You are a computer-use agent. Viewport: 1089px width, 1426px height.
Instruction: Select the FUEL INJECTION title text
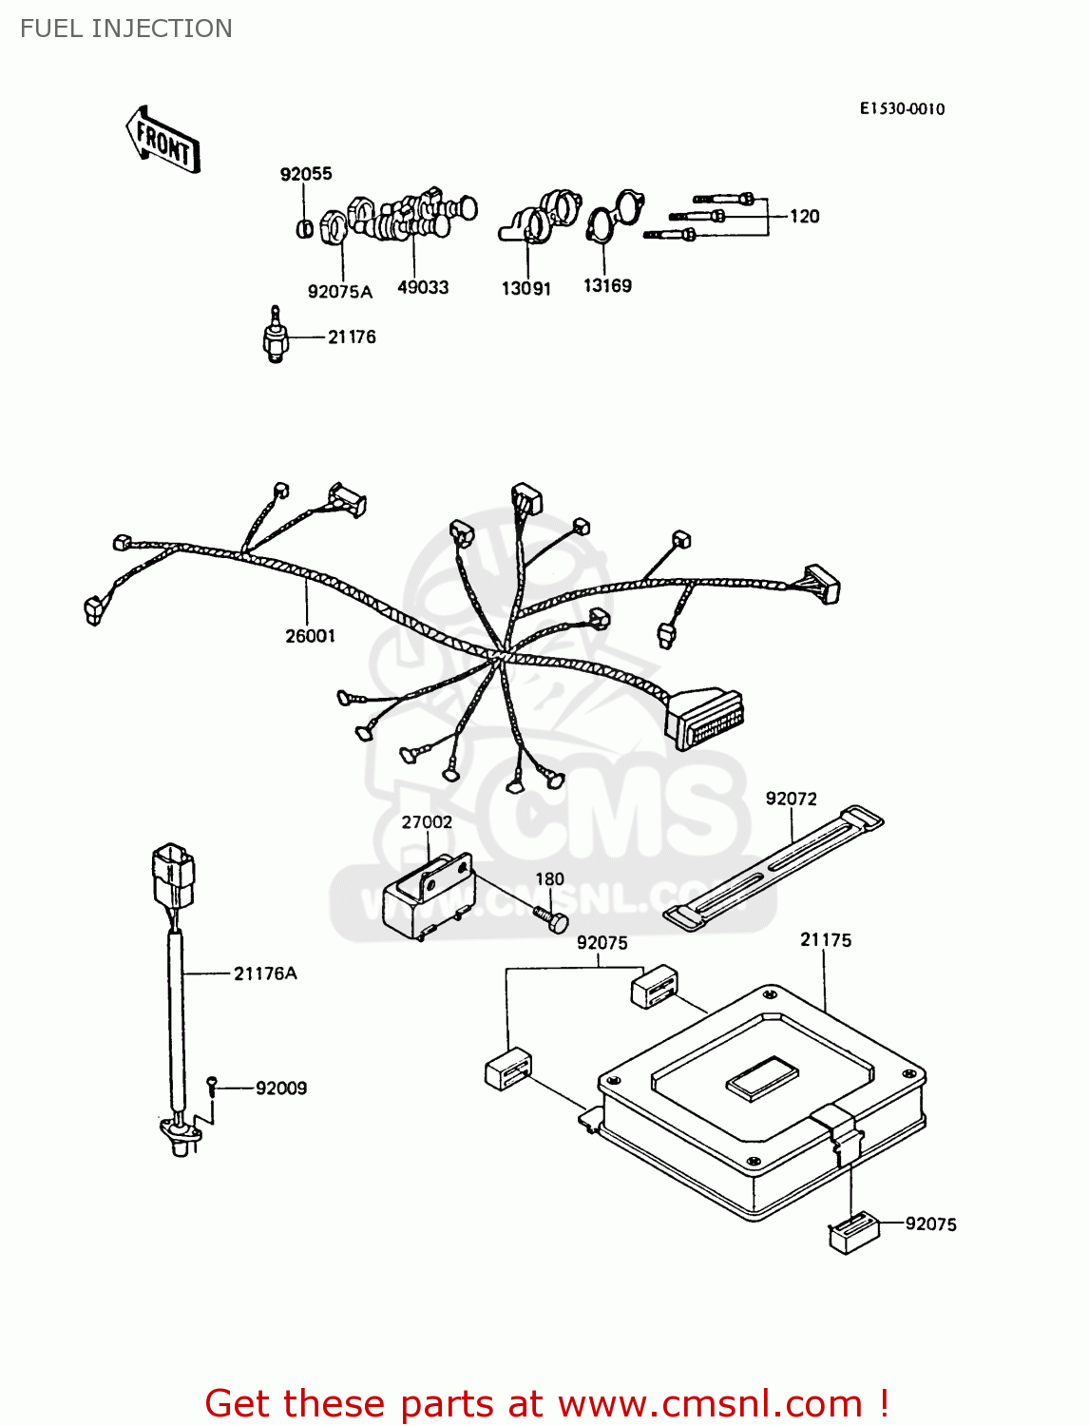126,29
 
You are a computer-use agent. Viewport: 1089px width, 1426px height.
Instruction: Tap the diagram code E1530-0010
902,108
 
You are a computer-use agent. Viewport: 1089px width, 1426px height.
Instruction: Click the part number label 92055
306,174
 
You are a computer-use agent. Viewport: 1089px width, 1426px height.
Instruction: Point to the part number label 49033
423,287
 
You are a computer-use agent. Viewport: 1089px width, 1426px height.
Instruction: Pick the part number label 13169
607,286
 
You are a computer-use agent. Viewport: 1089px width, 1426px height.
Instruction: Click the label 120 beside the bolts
804,217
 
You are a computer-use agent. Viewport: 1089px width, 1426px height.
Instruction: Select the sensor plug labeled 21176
275,337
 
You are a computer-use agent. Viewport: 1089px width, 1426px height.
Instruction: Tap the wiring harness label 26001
311,636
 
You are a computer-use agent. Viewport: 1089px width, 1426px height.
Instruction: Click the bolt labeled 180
551,919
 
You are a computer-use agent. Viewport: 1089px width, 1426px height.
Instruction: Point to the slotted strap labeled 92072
772,866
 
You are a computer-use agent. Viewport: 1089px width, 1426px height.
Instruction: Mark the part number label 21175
826,940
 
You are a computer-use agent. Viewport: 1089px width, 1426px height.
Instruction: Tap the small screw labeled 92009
213,1085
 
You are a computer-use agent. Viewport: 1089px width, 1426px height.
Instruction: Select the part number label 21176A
265,973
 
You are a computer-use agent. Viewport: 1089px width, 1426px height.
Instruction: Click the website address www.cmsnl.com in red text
709,1403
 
